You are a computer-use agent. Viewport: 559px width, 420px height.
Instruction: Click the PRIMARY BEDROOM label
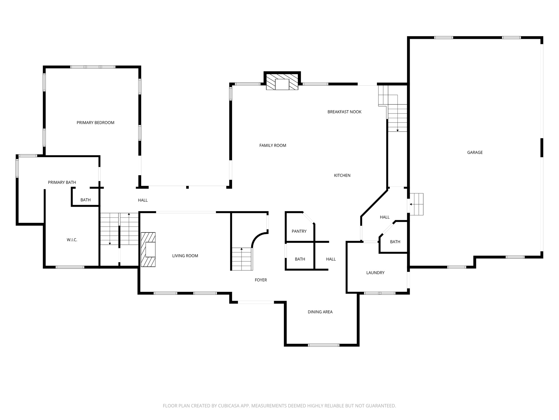click(95, 122)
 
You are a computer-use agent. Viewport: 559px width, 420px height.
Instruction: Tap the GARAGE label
click(475, 152)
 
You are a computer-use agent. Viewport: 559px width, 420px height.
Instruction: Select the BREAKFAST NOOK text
click(344, 112)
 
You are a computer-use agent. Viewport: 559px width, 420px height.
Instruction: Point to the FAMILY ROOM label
click(272, 145)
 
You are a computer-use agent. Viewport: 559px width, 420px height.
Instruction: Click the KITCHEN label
click(342, 175)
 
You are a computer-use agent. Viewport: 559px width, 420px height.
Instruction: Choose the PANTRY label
click(299, 231)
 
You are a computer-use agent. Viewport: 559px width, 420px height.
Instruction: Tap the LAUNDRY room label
click(375, 272)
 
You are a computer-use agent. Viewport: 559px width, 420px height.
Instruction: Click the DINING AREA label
click(320, 312)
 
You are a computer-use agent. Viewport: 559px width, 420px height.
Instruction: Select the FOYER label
click(260, 280)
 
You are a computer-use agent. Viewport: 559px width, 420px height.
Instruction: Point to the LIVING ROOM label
click(185, 256)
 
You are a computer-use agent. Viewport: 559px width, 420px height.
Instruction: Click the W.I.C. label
click(72, 240)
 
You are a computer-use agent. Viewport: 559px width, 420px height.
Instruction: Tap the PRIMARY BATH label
click(62, 182)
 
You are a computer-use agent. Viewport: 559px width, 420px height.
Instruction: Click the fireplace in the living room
click(148, 249)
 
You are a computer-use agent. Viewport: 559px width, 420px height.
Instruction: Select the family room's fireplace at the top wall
click(282, 81)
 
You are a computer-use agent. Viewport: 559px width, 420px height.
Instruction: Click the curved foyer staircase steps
click(242, 259)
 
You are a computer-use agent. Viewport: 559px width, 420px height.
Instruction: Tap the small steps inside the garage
click(417, 204)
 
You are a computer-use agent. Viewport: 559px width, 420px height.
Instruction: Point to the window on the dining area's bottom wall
click(323, 345)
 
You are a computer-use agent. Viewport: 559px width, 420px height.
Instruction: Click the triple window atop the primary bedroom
click(93, 67)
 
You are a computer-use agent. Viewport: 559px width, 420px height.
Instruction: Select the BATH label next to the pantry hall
click(300, 259)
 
